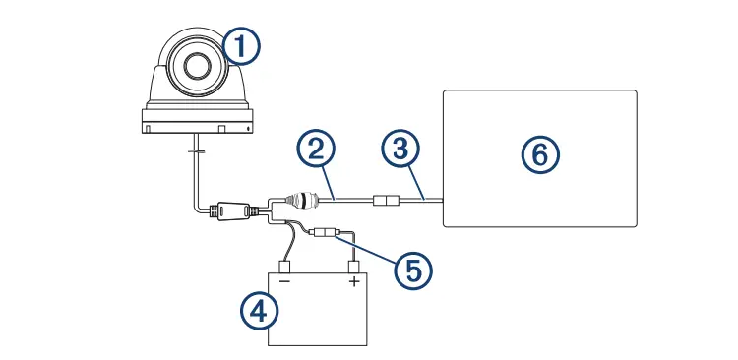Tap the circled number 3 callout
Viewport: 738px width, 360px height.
[x=399, y=151]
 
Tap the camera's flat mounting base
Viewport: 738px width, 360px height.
[x=197, y=123]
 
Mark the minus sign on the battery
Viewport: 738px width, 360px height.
[x=284, y=280]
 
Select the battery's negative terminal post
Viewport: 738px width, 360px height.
[x=284, y=266]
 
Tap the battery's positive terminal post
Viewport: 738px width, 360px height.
[x=353, y=266]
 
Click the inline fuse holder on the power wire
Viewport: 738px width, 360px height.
[x=324, y=236]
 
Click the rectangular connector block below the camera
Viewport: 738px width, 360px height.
[x=230, y=210]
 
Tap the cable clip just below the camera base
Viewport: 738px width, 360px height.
[x=196, y=151]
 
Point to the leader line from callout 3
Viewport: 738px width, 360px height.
[x=414, y=182]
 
